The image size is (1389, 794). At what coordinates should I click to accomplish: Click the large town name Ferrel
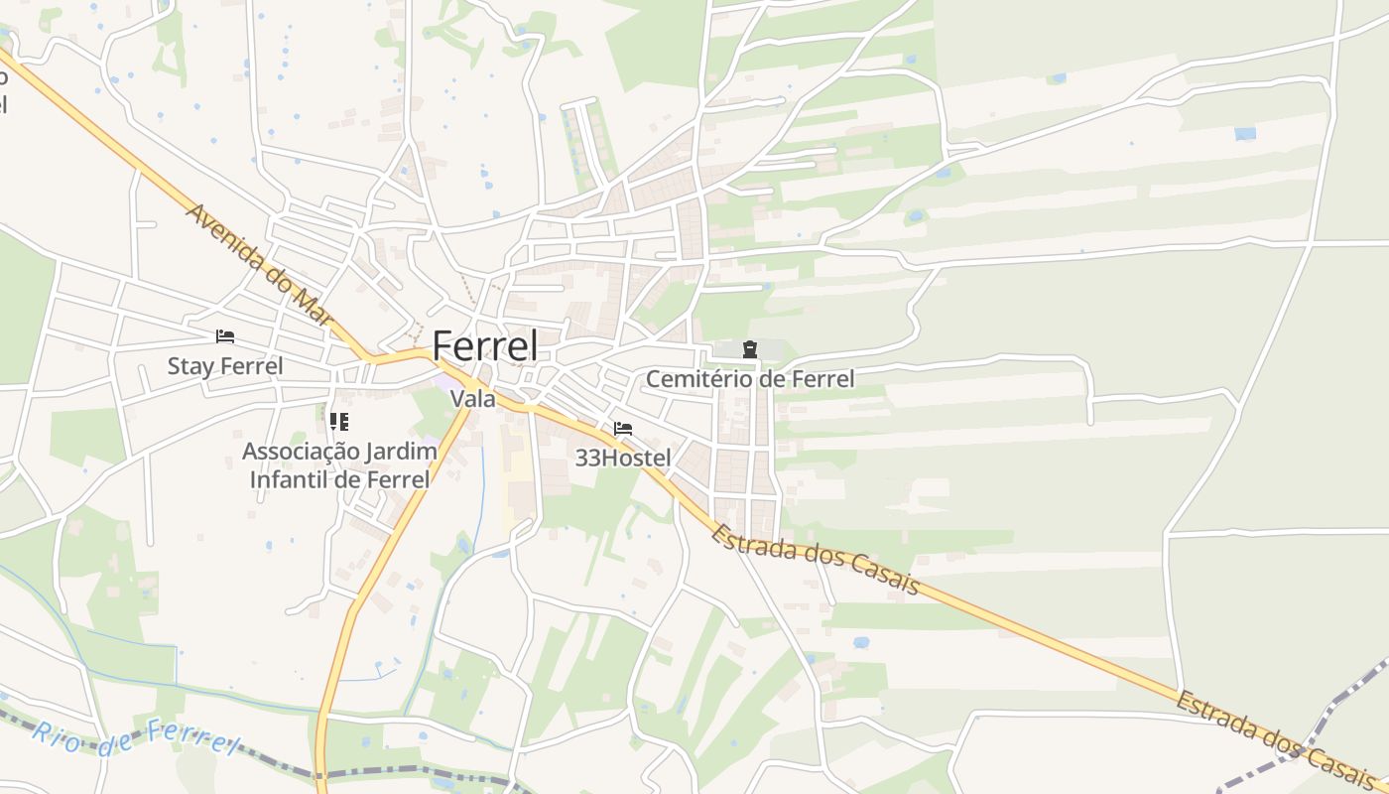485,345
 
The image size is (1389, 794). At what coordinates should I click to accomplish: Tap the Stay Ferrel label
224,365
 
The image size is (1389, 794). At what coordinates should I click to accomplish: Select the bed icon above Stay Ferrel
225,336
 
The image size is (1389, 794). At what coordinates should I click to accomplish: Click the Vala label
472,399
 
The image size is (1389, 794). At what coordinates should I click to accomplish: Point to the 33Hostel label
623,458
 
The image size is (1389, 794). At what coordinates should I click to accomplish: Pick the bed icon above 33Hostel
623,429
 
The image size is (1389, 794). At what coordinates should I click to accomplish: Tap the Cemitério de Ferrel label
749,378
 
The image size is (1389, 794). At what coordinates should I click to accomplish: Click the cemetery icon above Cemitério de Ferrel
750,348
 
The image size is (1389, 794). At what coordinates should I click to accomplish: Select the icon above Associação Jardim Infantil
339,422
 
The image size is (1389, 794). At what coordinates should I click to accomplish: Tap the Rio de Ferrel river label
137,736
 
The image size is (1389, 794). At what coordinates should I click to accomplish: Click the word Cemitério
692,378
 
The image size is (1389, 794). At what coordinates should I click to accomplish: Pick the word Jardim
401,452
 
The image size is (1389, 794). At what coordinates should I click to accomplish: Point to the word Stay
189,365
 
